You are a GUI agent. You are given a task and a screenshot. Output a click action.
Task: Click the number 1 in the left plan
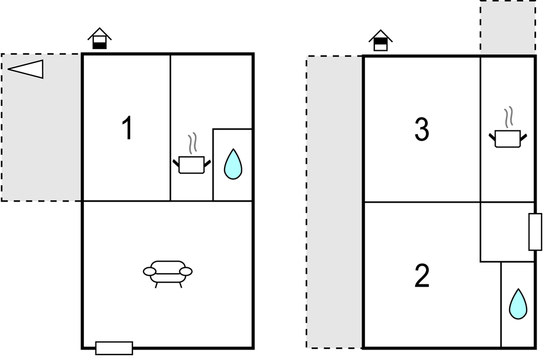[128, 128]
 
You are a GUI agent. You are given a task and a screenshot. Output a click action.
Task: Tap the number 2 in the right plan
[422, 276]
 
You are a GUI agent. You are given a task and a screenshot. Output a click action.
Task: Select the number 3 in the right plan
[422, 129]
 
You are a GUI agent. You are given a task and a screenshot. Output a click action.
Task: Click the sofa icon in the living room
[168, 274]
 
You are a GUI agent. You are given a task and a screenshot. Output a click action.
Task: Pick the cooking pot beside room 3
[508, 139]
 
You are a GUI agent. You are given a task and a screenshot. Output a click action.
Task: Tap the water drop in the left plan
[233, 165]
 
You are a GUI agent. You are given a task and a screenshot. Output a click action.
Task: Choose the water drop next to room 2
[518, 304]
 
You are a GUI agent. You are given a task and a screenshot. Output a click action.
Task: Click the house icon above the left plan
[99, 38]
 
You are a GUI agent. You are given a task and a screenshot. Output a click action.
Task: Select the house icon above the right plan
[381, 40]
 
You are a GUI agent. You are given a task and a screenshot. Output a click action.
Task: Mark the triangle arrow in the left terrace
[25, 68]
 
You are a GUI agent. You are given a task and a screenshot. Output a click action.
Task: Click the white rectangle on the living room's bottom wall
[114, 348]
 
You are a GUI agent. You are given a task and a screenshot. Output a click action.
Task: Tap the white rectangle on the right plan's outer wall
[535, 232]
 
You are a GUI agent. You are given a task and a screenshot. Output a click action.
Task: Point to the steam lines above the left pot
[192, 144]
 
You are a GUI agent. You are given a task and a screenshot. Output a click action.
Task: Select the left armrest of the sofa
[150, 272]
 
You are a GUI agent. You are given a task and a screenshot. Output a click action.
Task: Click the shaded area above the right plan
[508, 27]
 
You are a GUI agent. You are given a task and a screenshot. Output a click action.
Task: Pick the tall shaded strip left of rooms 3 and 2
[334, 202]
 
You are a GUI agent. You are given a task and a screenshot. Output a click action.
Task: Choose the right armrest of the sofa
[186, 272]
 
